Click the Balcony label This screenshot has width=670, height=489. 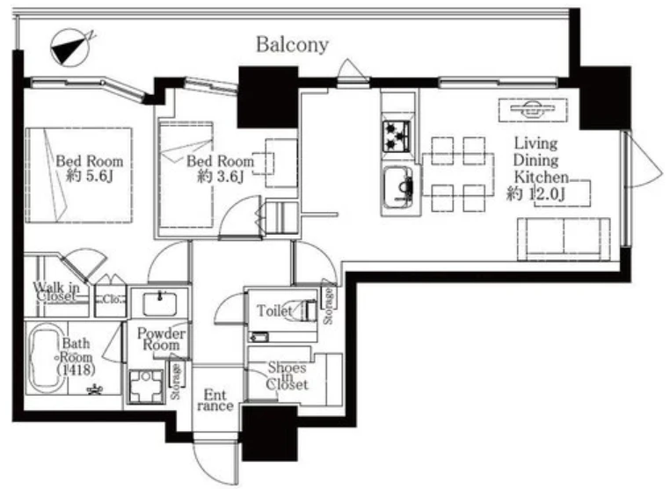(x=292, y=45)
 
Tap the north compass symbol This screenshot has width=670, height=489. (x=71, y=47)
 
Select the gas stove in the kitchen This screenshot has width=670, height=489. (x=397, y=136)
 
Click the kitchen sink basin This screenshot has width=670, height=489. (x=397, y=186)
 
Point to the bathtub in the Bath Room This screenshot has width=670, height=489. (x=47, y=357)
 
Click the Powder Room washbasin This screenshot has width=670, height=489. (x=160, y=303)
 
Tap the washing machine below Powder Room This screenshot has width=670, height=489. (x=146, y=386)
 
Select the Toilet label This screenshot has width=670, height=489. (x=274, y=310)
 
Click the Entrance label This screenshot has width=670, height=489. (x=215, y=400)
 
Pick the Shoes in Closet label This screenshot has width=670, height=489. (x=287, y=376)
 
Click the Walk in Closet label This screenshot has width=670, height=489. (x=56, y=291)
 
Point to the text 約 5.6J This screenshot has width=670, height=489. (x=90, y=176)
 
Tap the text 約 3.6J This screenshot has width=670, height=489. (x=220, y=176)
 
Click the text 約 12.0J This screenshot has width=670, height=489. (x=535, y=193)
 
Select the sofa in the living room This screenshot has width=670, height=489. (x=564, y=239)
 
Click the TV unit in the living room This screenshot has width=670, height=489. (x=533, y=110)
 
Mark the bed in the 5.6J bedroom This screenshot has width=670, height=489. (x=79, y=175)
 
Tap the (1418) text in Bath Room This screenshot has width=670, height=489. (x=76, y=369)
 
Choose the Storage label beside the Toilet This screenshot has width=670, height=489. (x=329, y=306)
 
